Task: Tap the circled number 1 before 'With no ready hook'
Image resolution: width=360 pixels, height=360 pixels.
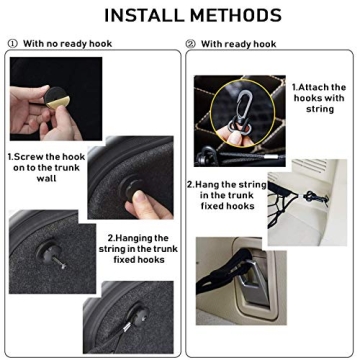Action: click(12, 43)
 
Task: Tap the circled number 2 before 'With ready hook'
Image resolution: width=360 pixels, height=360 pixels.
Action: click(190, 43)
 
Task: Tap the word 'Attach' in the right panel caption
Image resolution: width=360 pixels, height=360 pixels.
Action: click(319, 87)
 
